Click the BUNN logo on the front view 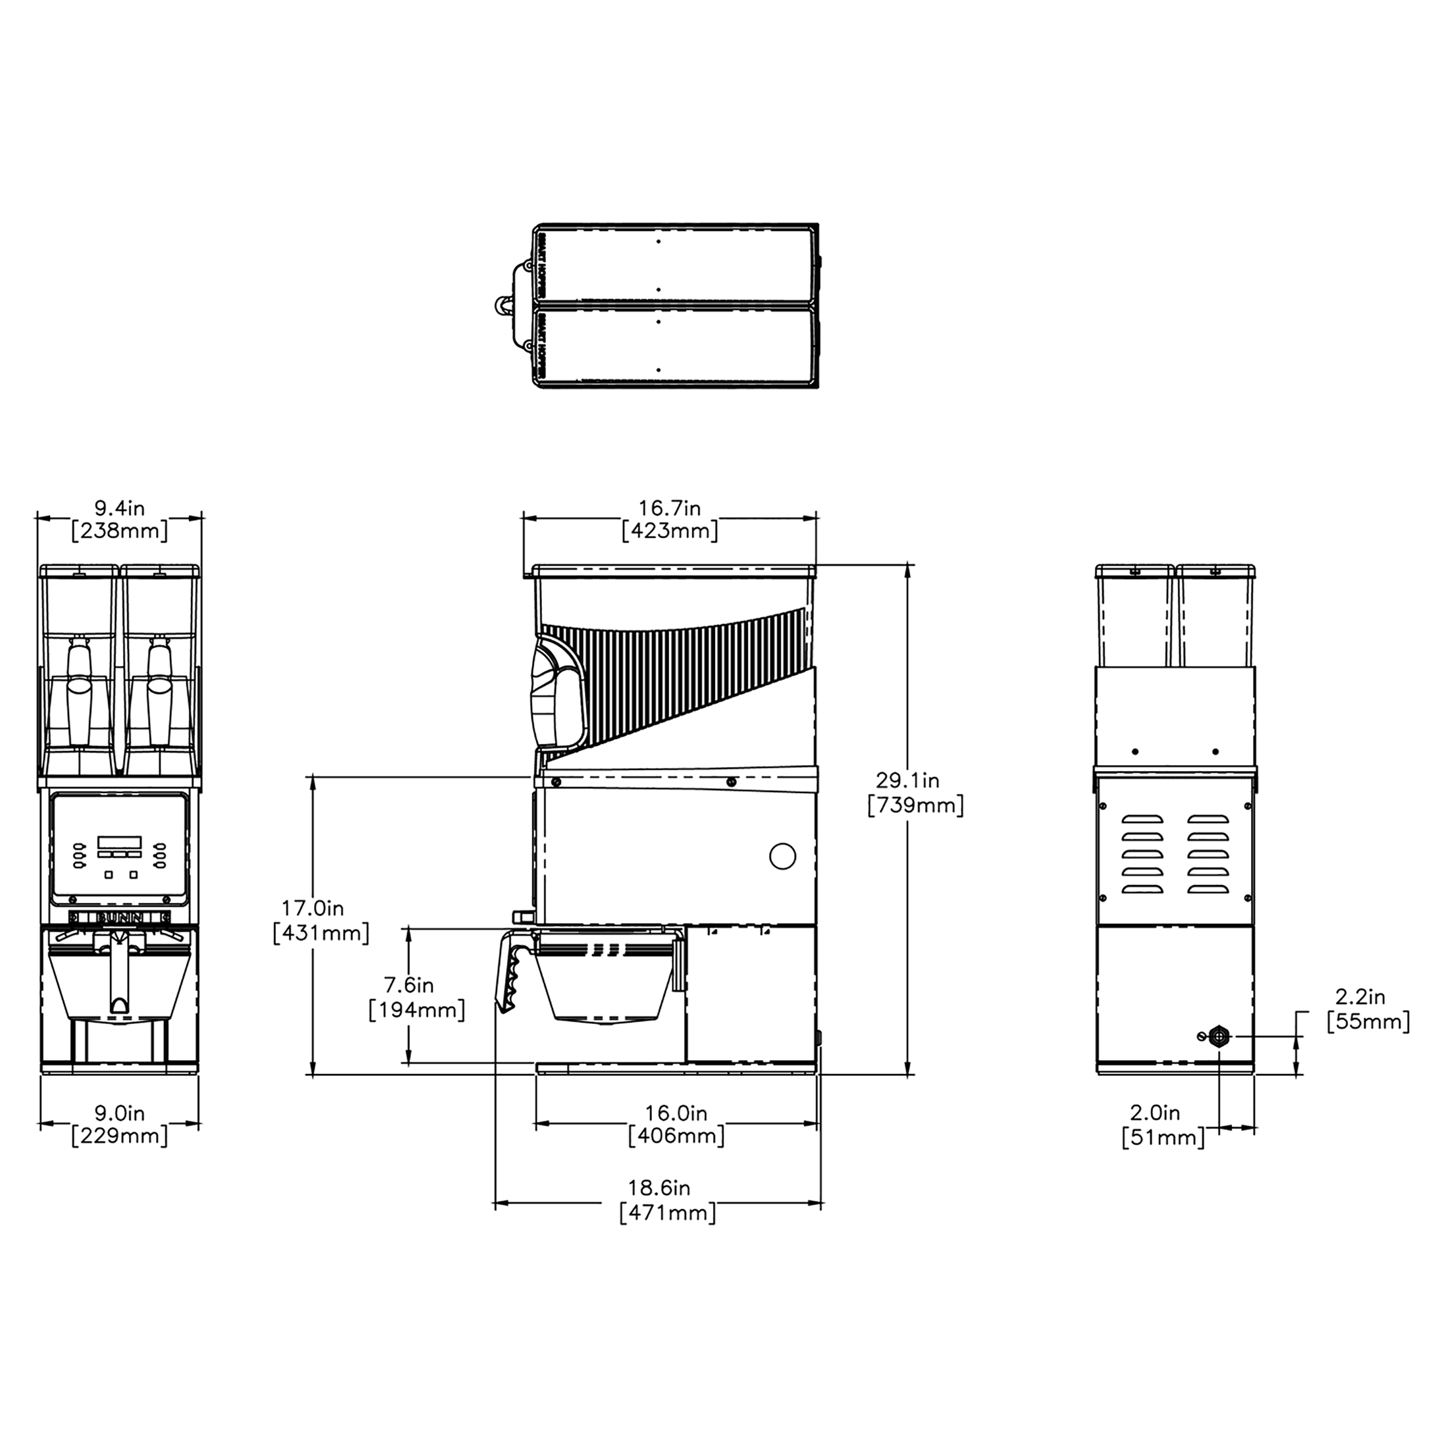(x=120, y=917)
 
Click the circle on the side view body (x=782, y=855)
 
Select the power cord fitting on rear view (x=1219, y=1036)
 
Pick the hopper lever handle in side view (x=558, y=692)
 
